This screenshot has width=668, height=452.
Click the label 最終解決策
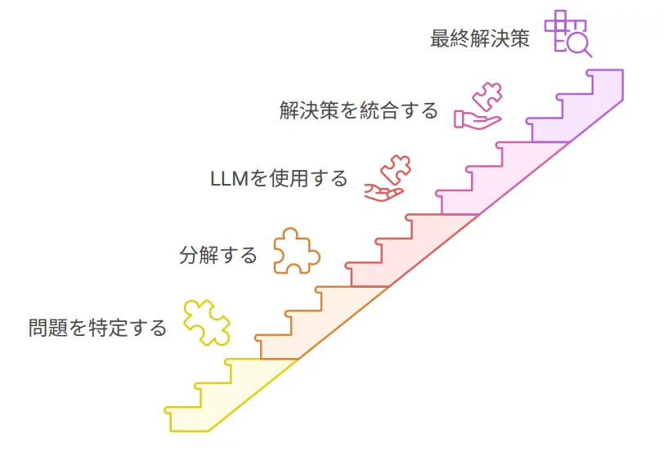479,38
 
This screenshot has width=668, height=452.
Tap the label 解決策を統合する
359,110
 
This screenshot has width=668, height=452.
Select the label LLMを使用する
279,178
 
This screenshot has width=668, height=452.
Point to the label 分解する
218,255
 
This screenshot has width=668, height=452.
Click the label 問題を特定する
97,328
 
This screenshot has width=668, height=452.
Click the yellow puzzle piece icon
206,322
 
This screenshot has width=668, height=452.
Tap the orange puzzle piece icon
295,249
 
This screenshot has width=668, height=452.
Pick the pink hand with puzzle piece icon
479,106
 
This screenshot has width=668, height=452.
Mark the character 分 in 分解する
188,255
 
